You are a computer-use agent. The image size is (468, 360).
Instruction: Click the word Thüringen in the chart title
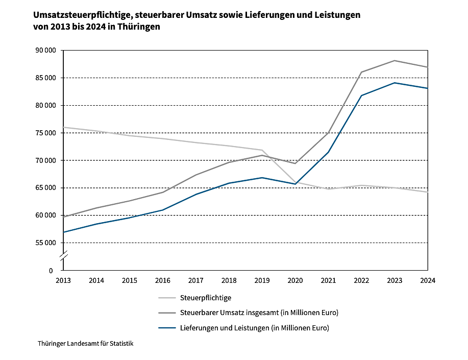139,27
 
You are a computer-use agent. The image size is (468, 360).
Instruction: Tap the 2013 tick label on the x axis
63,280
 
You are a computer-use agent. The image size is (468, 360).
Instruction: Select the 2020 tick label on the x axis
295,280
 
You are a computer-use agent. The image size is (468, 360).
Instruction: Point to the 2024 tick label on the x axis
428,280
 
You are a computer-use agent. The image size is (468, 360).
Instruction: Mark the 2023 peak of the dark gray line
395,61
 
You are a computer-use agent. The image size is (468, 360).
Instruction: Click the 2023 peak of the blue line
395,83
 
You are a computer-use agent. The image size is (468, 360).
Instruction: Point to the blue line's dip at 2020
295,184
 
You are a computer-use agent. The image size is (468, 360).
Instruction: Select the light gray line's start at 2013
63,127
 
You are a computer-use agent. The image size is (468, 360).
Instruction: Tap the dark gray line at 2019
262,155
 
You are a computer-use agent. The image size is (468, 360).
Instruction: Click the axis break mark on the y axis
63,256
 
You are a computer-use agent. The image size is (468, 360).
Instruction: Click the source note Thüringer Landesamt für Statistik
85,344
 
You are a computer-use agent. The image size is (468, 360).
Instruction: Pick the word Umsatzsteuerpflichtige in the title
79,15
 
